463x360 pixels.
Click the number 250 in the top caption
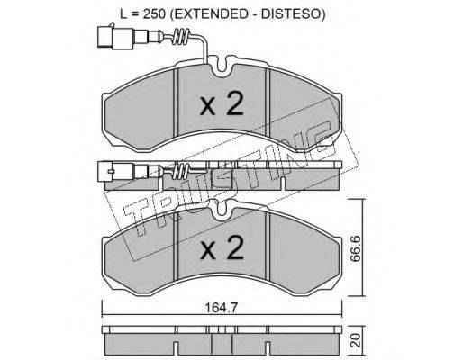pyautogui.click(x=154, y=13)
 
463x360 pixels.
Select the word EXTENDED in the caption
pyautogui.click(x=208, y=13)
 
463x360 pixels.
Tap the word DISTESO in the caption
pyautogui.click(x=290, y=13)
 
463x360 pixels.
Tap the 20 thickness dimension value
pyautogui.click(x=356, y=340)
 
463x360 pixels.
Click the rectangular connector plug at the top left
pyautogui.click(x=115, y=38)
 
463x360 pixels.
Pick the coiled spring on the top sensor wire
pyautogui.click(x=181, y=38)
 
